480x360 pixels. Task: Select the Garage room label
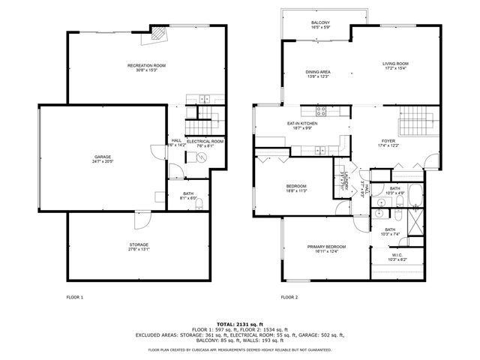click(102, 157)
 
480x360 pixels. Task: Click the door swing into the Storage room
click(139, 220)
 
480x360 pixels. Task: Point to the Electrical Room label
click(205, 141)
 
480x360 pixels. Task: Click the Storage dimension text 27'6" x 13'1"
click(138, 249)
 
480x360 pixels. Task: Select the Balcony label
click(320, 23)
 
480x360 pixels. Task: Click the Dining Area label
click(318, 72)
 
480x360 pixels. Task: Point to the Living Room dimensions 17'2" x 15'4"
click(395, 68)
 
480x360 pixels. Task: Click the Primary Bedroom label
click(326, 247)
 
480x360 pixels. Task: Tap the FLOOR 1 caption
click(75, 297)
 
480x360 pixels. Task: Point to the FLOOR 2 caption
click(289, 297)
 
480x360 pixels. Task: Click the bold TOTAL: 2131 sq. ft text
click(239, 324)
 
